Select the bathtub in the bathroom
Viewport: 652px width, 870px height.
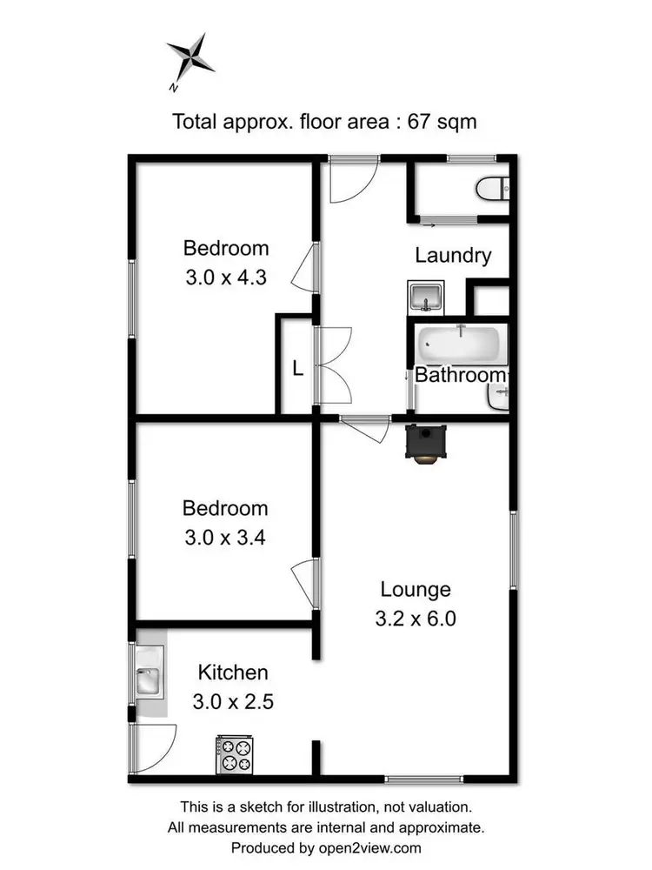coord(459,345)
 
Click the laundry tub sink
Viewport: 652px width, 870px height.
coord(425,298)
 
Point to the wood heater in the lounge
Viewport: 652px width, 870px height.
coord(427,443)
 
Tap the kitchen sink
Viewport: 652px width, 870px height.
coord(149,680)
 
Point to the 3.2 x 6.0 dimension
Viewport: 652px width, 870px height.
coord(416,619)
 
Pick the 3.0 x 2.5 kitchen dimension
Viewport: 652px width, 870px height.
coord(232,701)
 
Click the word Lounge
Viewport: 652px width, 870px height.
coord(416,590)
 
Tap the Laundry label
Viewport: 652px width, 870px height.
coord(453,256)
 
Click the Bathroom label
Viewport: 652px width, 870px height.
coord(459,375)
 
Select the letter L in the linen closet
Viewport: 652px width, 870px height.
coord(297,369)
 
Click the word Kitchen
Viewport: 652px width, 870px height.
coord(233,673)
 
